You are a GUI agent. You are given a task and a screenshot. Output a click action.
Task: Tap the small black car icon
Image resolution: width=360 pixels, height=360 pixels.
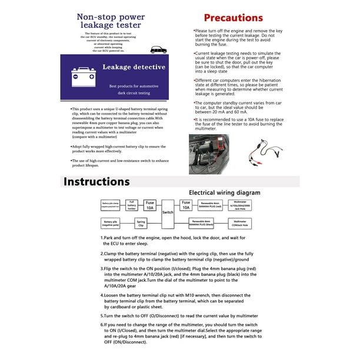(158, 49)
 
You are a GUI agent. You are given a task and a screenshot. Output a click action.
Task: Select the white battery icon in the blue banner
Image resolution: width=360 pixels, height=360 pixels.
(82, 76)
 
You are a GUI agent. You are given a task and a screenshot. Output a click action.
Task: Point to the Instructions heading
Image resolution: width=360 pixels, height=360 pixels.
(97, 181)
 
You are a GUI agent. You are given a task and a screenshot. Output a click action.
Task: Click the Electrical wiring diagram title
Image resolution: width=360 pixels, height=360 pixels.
(224, 192)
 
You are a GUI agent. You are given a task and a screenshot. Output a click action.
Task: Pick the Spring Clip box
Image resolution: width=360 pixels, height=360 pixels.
(141, 224)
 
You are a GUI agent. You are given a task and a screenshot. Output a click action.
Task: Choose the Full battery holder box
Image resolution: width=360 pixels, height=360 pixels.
(132, 205)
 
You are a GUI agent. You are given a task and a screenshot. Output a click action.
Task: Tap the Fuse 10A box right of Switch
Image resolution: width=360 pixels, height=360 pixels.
(186, 205)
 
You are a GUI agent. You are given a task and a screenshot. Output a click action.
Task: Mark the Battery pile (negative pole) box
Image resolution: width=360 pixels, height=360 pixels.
(111, 224)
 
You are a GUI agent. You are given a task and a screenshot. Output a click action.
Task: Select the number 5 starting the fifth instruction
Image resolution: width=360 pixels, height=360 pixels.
(102, 315)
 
